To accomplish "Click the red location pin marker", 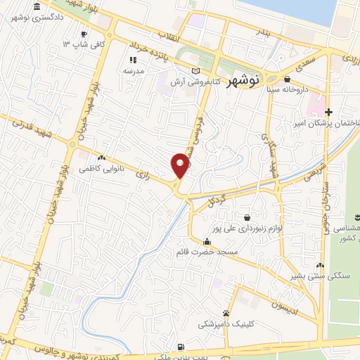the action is (x=180, y=165).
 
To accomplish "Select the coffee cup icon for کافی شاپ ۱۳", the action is (x=84, y=34).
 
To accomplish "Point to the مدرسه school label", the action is (x=134, y=71).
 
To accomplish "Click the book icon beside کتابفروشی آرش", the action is (x=195, y=70).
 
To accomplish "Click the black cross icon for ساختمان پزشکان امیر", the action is (x=328, y=111).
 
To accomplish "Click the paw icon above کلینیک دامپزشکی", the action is (x=225, y=313).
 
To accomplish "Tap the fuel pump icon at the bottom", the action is (x=181, y=347).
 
